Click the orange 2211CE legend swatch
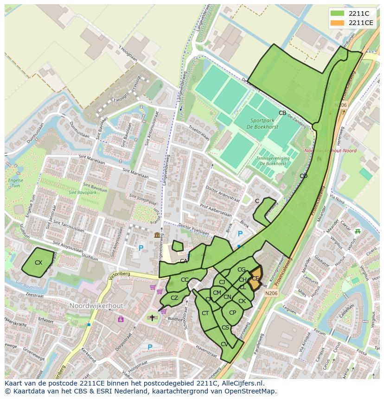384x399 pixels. click(x=337, y=23)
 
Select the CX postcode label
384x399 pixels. click(x=38, y=263)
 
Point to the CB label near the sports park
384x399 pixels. click(x=282, y=113)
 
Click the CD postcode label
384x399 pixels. click(x=303, y=176)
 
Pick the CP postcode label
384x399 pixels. click(x=232, y=312)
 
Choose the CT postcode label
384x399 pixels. click(x=205, y=313)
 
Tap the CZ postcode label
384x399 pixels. click(x=174, y=298)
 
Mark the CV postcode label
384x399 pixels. click(x=224, y=344)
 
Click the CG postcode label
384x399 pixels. click(x=241, y=270)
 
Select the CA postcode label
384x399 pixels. click(x=184, y=261)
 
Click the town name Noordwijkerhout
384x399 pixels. click(x=96, y=306)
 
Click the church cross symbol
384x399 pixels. click(x=152, y=318)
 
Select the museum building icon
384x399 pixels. click(x=157, y=235)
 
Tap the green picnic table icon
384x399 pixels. click(x=357, y=231)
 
